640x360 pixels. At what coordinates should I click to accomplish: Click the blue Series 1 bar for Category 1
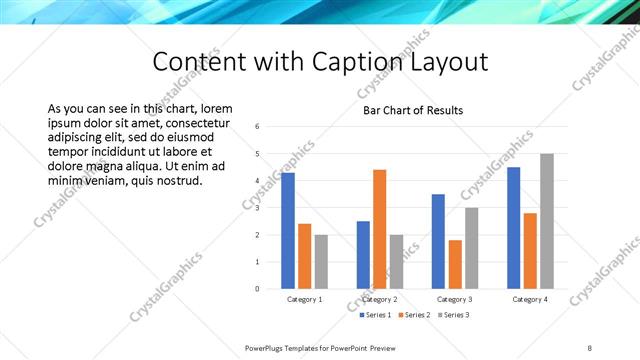click(x=288, y=231)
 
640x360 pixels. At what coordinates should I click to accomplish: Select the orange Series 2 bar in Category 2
click(x=379, y=229)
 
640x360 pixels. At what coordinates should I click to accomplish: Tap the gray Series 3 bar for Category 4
click(x=546, y=221)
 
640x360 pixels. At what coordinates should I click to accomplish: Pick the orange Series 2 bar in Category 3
click(x=455, y=264)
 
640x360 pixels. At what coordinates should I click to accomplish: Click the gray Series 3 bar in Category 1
click(x=321, y=262)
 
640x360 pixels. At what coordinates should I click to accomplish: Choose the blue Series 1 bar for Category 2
click(x=363, y=255)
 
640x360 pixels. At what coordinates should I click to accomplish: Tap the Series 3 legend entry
click(x=451, y=315)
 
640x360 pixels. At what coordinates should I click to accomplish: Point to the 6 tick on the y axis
click(x=258, y=127)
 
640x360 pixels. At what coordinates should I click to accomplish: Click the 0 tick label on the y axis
click(x=258, y=289)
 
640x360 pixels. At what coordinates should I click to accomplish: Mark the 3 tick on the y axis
click(x=258, y=208)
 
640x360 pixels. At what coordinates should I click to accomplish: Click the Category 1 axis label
click(x=304, y=300)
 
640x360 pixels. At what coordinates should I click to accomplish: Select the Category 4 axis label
click(x=530, y=300)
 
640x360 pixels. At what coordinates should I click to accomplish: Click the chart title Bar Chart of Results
click(x=413, y=110)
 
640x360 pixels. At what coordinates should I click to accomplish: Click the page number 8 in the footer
click(x=589, y=347)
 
